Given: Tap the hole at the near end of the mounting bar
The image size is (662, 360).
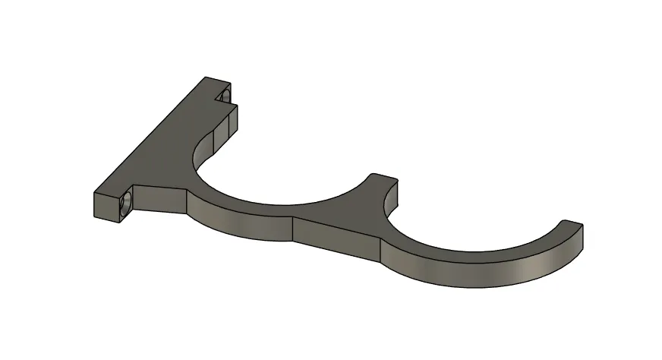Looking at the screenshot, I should coord(127,202).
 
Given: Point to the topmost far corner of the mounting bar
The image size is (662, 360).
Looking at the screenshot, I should coord(206,77).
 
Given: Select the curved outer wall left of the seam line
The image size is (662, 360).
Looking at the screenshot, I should coord(235,223).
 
